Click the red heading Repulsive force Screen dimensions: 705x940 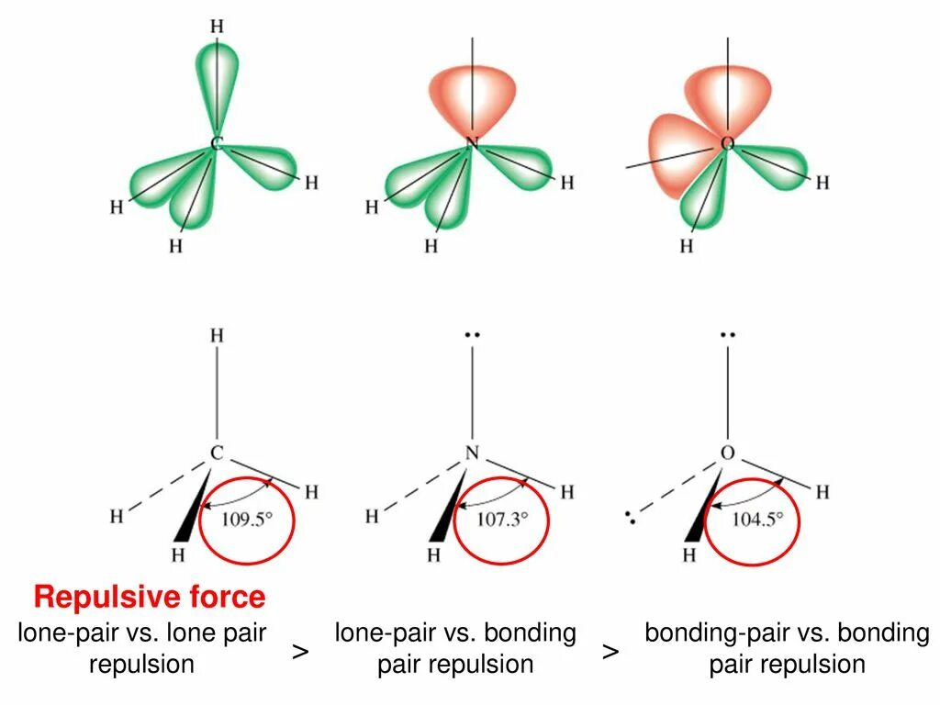click(150, 598)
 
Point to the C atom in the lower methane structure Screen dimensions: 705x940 click(217, 453)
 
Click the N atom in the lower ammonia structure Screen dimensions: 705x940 click(472, 453)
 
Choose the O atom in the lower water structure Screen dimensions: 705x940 click(727, 453)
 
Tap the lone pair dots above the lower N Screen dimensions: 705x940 click(472, 336)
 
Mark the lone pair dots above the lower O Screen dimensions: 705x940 click(727, 336)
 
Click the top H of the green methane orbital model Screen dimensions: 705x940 click(217, 26)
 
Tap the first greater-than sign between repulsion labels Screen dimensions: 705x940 click(300, 652)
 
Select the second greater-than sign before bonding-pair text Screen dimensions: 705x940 click(610, 652)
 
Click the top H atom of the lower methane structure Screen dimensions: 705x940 click(217, 336)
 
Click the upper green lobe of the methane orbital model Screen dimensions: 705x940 click(218, 78)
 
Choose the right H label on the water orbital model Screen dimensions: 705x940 click(822, 183)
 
